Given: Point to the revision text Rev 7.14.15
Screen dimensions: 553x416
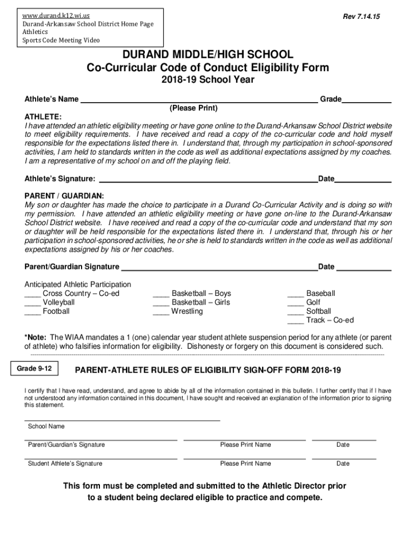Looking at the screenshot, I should click(361, 17).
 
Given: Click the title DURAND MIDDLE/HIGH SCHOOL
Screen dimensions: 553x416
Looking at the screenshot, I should click(208, 55).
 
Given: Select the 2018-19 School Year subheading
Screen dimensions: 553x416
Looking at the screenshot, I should click(208, 80).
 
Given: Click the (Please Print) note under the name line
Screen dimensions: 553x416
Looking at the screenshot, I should click(193, 109).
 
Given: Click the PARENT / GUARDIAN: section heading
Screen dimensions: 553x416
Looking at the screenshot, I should click(64, 195).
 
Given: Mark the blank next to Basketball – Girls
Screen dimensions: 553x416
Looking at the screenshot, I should click(161, 304).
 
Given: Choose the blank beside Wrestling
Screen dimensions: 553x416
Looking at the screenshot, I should click(161, 313).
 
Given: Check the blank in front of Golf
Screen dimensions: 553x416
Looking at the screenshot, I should click(296, 304).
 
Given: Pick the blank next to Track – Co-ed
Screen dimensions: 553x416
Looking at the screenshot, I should click(296, 322).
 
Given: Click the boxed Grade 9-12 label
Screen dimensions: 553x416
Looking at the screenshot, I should click(34, 368).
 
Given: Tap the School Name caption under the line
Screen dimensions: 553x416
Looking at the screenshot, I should click(46, 427).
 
